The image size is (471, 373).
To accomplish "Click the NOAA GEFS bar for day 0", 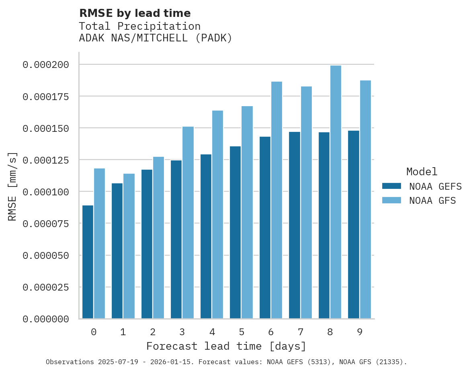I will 88,262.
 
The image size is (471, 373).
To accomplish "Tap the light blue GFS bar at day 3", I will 188,223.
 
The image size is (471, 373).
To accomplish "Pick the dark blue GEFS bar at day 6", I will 265,227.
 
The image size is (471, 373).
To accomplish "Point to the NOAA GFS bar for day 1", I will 129,246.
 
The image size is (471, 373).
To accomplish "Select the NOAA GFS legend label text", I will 432,201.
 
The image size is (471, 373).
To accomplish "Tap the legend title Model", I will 422,172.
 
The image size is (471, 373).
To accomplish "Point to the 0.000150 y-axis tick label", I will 45,128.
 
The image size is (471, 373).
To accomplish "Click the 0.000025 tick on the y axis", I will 45,287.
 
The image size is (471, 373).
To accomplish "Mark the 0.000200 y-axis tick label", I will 45,65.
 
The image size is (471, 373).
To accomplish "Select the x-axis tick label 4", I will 212,332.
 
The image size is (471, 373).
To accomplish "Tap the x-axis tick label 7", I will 300,332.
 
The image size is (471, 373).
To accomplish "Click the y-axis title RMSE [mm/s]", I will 12,186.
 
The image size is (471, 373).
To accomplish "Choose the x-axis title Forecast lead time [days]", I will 226,346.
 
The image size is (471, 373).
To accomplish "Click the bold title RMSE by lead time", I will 135,13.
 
